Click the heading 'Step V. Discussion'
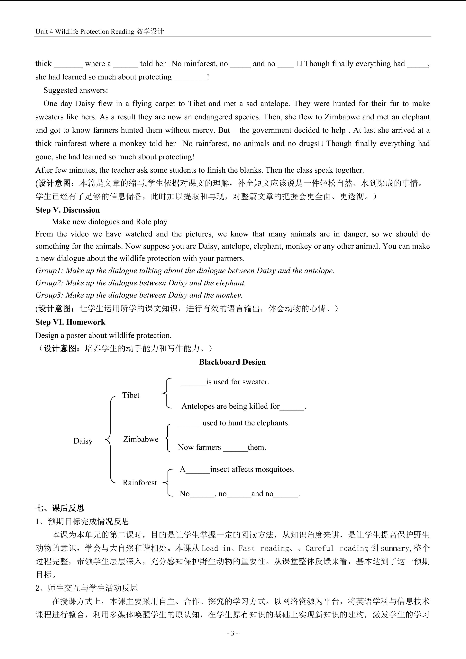pyautogui.click(x=68, y=210)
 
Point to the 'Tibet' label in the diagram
pyautogui.click(x=131, y=395)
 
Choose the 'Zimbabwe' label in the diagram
pyautogui.click(x=141, y=439)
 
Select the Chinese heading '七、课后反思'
pyautogui.click(x=60, y=508)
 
